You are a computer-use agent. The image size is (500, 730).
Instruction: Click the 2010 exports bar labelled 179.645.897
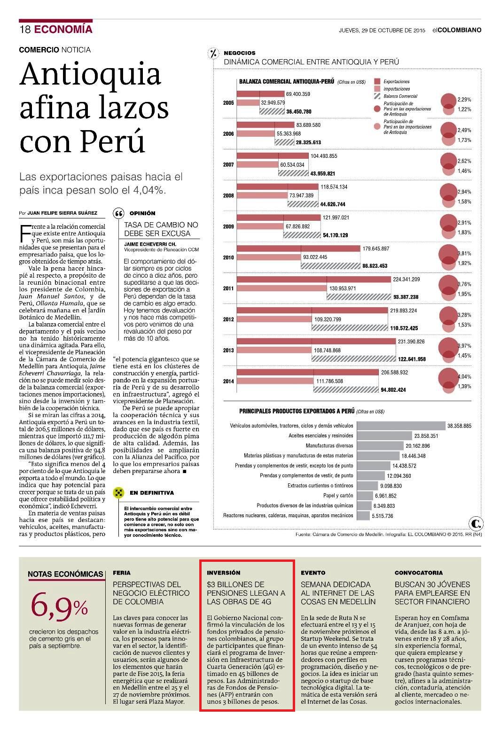[x=298, y=249]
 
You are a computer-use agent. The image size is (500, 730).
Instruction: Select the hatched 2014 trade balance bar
[x=346, y=390]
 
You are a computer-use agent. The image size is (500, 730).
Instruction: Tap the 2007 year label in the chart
[x=228, y=164]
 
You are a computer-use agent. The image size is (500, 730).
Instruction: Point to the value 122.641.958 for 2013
[x=412, y=359]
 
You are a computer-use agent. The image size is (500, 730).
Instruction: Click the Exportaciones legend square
[x=377, y=81]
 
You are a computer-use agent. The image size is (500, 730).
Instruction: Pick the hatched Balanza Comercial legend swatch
[x=377, y=96]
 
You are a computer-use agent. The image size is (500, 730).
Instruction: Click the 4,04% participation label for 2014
[x=464, y=377]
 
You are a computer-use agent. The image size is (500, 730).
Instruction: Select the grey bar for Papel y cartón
[x=365, y=496]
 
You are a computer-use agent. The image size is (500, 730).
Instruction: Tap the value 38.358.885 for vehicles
[x=459, y=426]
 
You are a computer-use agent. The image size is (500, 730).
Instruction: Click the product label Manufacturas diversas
[x=329, y=445]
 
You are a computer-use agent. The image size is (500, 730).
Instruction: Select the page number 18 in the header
[x=25, y=30]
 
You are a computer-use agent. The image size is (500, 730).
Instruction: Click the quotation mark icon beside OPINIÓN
[x=118, y=213]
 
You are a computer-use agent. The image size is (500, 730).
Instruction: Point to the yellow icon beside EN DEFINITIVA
[x=118, y=492]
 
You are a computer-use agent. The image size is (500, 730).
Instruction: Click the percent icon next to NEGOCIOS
[x=214, y=54]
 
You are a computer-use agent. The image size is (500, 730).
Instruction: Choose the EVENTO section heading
[x=313, y=573]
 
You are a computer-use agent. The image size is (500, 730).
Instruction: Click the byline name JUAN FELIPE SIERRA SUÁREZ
[x=62, y=213]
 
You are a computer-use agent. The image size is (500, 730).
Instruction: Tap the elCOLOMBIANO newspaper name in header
[x=457, y=30]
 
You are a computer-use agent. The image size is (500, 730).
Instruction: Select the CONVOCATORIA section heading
[x=419, y=573]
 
